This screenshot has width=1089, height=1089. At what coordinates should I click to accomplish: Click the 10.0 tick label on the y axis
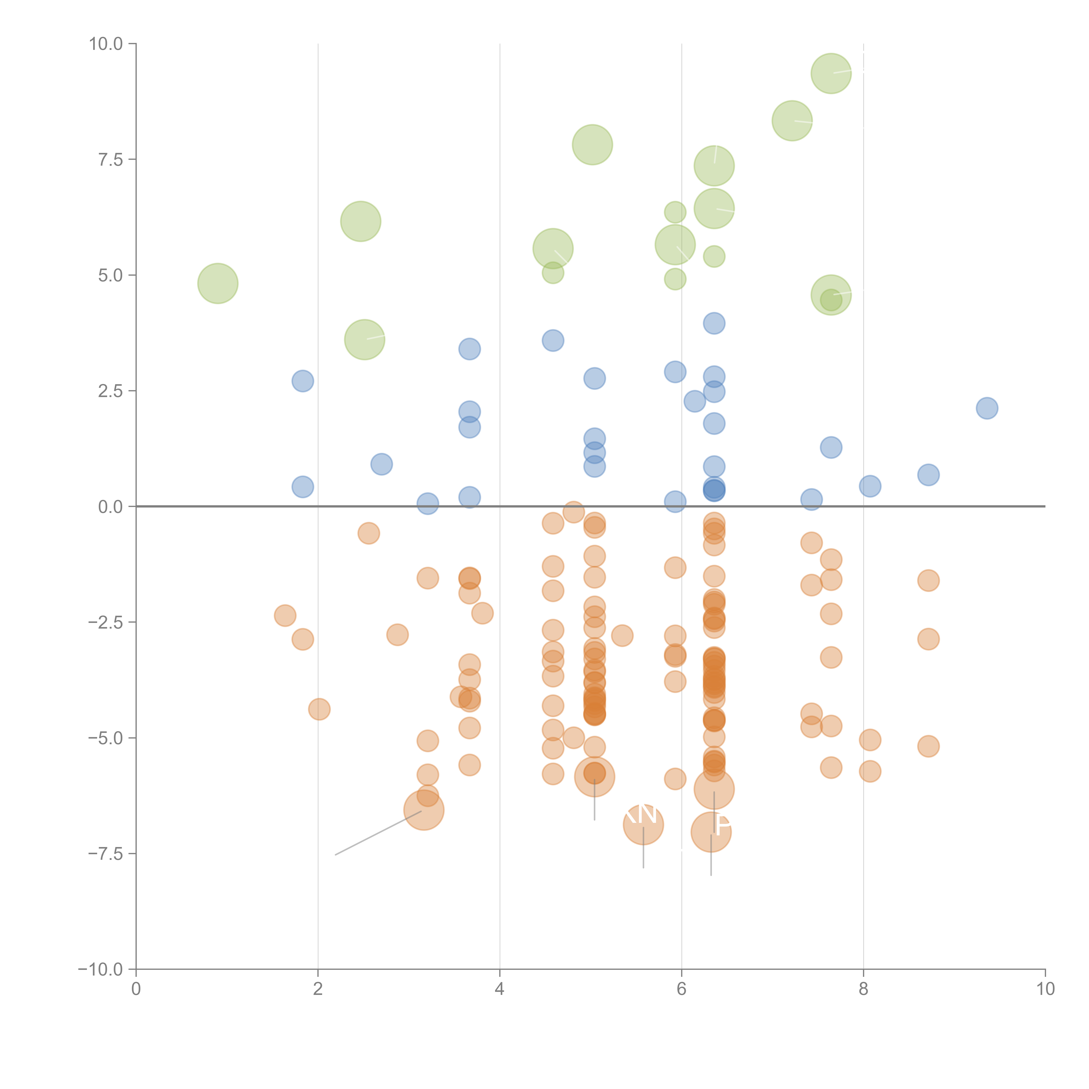coord(106,44)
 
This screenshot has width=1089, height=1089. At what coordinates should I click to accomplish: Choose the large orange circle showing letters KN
coord(643,825)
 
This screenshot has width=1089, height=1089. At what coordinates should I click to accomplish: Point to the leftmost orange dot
coord(285,616)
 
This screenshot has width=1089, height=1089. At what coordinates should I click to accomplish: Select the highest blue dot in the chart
coord(714,324)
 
